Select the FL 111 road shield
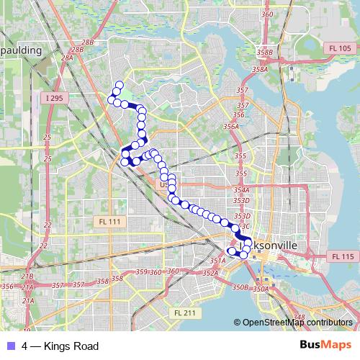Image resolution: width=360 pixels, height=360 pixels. tap(109, 221)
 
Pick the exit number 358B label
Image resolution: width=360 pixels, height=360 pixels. tap(264, 53)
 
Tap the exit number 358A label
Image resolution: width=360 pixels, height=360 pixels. tap(260, 70)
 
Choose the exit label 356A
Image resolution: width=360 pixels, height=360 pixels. tap(230, 126)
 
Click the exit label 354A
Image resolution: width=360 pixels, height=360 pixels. tap(241, 190)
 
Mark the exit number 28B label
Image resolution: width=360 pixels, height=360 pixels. tap(88, 43)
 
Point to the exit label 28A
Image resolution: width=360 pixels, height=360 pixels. tap(68, 58)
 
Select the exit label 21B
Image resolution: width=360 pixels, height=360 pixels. tap(27, 276)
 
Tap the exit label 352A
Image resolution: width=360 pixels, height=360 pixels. tap(210, 273)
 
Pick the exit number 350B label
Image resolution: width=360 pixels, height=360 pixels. tap(240, 287)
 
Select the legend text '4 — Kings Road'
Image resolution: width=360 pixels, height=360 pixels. tap(60, 346)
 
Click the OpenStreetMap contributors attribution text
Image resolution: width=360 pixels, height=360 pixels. tap(297, 323)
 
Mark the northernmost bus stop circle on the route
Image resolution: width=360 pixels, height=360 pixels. tap(119, 85)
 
